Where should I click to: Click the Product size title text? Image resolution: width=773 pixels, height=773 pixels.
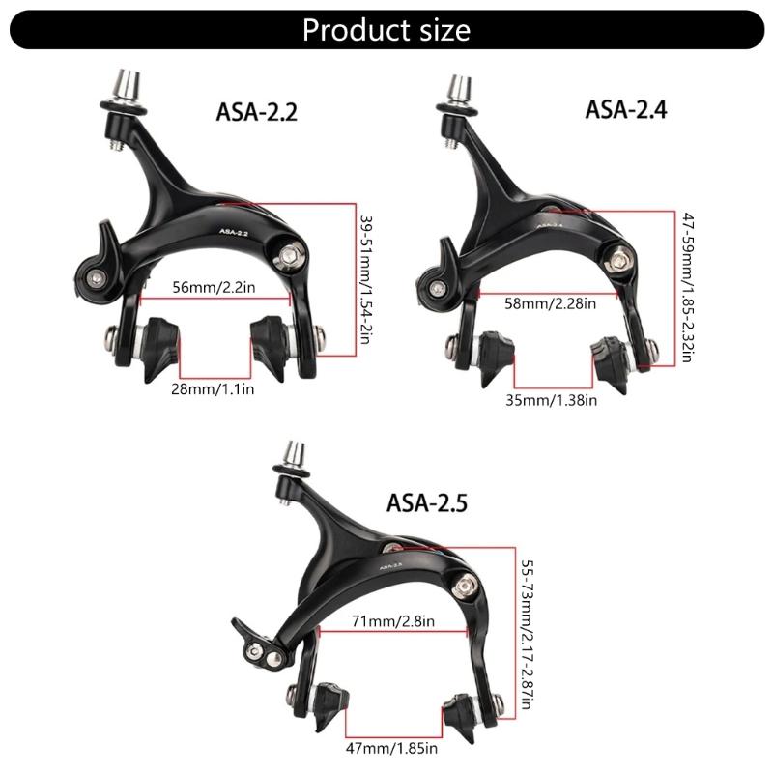point(386,29)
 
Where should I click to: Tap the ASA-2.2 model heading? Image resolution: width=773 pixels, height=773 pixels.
point(256,112)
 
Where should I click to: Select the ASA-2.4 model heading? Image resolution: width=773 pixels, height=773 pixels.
point(626,108)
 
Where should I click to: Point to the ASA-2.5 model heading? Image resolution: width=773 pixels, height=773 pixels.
point(428,502)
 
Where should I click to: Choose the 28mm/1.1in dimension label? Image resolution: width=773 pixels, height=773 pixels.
point(215,388)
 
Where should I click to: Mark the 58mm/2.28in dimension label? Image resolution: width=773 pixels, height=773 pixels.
point(551,302)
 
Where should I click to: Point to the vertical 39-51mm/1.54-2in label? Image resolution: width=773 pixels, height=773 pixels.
point(365,280)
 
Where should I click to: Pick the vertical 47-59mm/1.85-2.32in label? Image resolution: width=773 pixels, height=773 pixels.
point(687,287)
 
